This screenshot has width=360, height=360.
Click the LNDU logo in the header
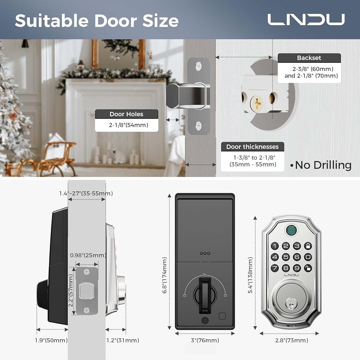coord(306,20)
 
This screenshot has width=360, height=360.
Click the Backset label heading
coord(309,58)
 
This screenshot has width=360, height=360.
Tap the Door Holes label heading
coord(126,114)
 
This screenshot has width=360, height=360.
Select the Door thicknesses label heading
coord(252,147)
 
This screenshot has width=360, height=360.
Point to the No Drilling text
coord(320,165)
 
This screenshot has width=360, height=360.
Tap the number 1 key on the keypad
coord(275,246)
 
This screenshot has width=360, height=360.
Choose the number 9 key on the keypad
coord(297,268)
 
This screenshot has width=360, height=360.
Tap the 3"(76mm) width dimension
coord(204,340)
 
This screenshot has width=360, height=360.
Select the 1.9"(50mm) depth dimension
coord(51,340)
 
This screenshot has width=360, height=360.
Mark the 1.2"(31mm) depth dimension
coord(123,340)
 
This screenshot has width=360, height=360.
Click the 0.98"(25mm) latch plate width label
coord(87,256)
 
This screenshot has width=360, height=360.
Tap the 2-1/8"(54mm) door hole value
coord(126,126)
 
